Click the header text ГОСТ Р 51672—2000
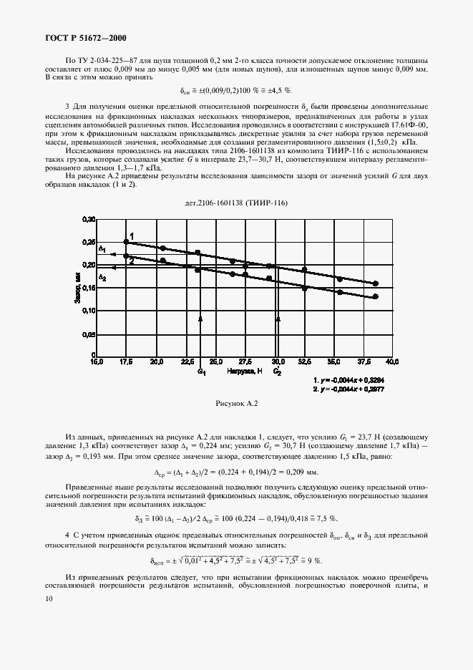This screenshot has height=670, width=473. (79, 37)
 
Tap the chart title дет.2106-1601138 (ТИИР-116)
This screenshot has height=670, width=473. (236, 203)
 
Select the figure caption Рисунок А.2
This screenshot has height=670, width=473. (235, 404)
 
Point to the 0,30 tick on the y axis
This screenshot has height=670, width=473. (88, 219)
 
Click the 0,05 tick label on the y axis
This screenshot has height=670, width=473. (88, 334)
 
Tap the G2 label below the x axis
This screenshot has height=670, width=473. (278, 373)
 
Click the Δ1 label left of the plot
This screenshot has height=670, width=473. (102, 249)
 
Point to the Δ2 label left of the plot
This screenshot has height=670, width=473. (102, 277)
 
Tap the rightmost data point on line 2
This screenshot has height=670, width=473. (376, 296)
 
